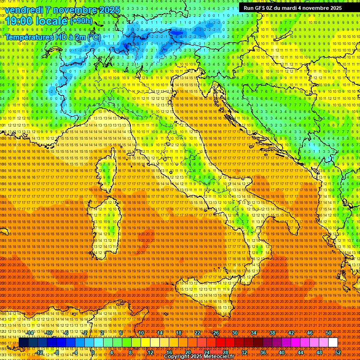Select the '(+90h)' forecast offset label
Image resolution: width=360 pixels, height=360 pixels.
(x=81, y=21)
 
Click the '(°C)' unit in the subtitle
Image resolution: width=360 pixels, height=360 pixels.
(x=94, y=37)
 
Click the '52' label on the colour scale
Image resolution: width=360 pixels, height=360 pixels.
(x=338, y=352)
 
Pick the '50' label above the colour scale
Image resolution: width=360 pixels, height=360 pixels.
(x=328, y=333)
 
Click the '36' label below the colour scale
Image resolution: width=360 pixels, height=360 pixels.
(x=262, y=352)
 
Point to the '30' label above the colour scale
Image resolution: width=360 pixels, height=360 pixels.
(x=234, y=333)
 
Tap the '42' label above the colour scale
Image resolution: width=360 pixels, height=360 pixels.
(x=291, y=333)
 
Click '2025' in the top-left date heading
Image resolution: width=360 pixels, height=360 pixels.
(x=108, y=10)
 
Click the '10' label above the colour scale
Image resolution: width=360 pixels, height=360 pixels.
(x=141, y=333)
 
